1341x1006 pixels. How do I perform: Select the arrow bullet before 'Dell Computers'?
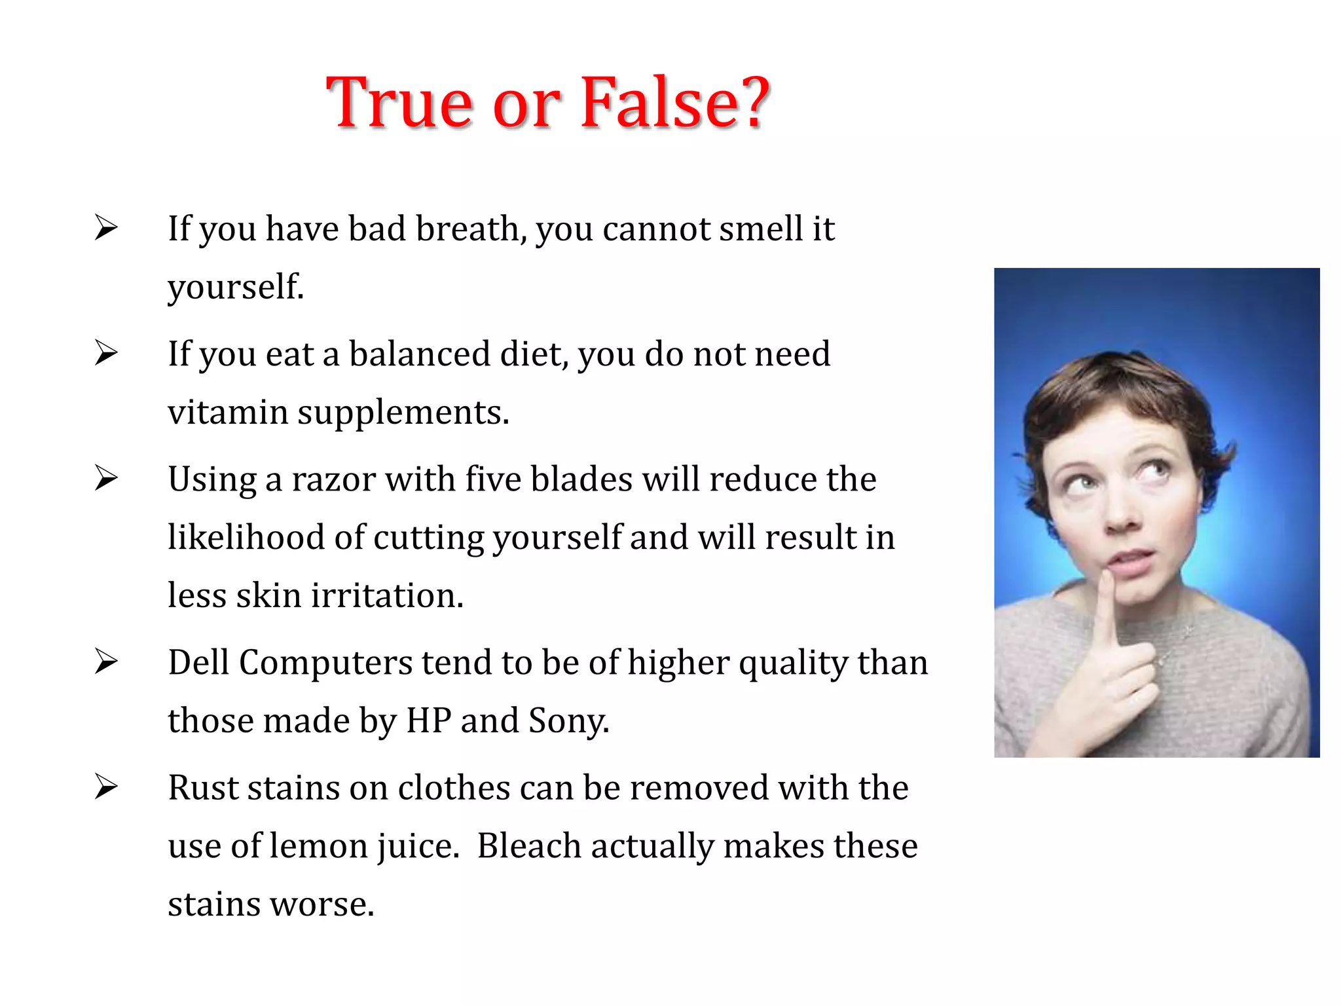105,661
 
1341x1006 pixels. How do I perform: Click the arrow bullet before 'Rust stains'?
105,787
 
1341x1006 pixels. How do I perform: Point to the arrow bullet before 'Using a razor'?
105,478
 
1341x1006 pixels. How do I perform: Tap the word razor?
333,479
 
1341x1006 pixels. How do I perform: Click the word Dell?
199,662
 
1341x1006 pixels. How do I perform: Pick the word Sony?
568,721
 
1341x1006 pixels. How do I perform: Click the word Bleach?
529,846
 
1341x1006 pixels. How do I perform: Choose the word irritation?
387,596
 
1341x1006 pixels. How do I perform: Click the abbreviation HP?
429,721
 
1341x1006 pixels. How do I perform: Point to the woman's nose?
1121,517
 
